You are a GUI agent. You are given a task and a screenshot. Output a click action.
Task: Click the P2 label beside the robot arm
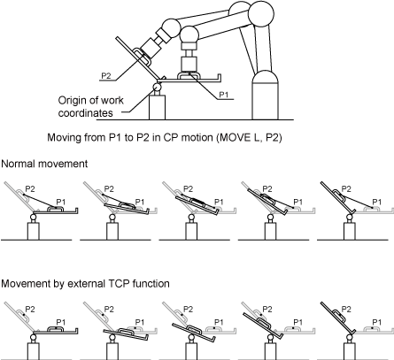106,75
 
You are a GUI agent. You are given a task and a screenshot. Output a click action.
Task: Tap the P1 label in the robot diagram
224,95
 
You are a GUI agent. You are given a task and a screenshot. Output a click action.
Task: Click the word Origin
73,101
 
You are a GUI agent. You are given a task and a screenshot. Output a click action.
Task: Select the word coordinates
86,113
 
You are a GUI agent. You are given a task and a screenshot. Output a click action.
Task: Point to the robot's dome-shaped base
265,95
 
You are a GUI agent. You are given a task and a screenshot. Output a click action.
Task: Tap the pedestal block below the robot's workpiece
157,107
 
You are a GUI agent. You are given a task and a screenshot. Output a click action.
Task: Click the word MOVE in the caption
233,137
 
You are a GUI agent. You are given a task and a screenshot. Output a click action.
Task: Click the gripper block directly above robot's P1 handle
189,64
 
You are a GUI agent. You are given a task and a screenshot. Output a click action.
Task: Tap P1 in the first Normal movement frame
61,202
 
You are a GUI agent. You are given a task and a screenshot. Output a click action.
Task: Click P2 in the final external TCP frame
346,310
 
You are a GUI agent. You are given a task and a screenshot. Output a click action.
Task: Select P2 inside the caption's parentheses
272,137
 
